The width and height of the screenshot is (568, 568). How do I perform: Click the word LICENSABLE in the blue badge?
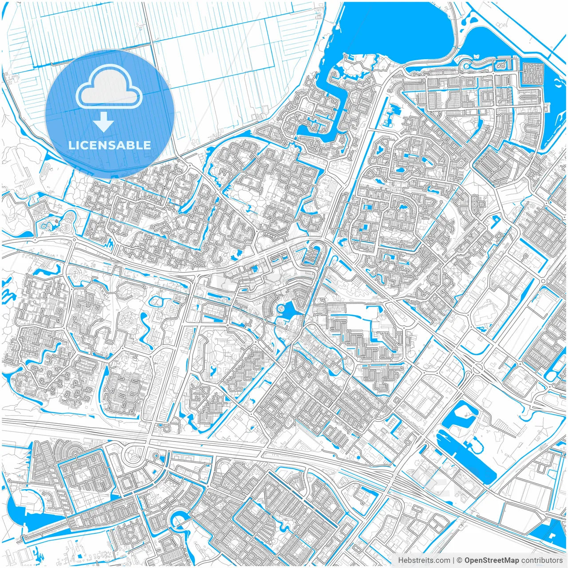(110, 145)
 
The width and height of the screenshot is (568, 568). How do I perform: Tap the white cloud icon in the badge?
(109, 87)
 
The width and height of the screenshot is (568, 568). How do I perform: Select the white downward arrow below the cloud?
(104, 122)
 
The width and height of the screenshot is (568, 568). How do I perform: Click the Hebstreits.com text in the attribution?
(424, 560)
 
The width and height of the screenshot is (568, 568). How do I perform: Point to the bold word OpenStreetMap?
(492, 560)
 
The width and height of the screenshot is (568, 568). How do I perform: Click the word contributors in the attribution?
(542, 560)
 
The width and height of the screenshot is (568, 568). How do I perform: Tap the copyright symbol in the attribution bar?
(460, 560)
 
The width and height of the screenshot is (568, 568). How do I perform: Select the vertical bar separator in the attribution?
(454, 560)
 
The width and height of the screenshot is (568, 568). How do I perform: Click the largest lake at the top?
(390, 31)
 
